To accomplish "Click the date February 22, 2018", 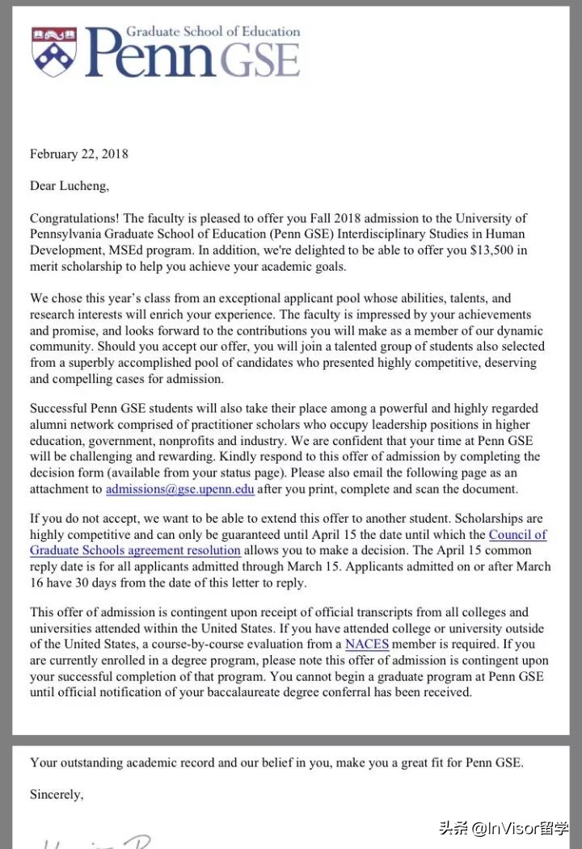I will tap(78, 153).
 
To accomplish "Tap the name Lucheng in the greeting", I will tap(82, 186).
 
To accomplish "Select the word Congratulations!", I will tap(74, 218).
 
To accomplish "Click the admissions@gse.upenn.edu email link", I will tap(179, 489).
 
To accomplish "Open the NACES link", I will tap(367, 644).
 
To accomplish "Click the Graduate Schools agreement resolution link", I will tap(135, 550).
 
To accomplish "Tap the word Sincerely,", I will tap(57, 794).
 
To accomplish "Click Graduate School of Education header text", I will tap(213, 32).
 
